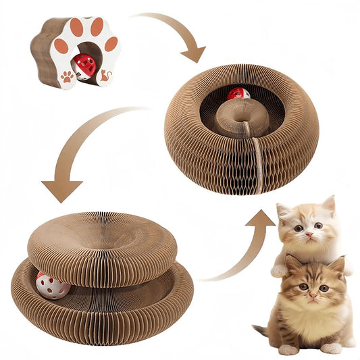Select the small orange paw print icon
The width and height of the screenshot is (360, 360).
(x=68, y=77)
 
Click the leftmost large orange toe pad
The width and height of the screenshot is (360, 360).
(x=61, y=46)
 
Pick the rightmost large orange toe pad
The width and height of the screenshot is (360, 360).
(x=111, y=44)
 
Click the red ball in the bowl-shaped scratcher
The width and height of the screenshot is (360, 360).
(x=238, y=93)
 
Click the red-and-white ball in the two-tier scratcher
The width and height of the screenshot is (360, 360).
(x=53, y=286)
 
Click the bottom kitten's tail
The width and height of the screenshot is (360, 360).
(x=260, y=330)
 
